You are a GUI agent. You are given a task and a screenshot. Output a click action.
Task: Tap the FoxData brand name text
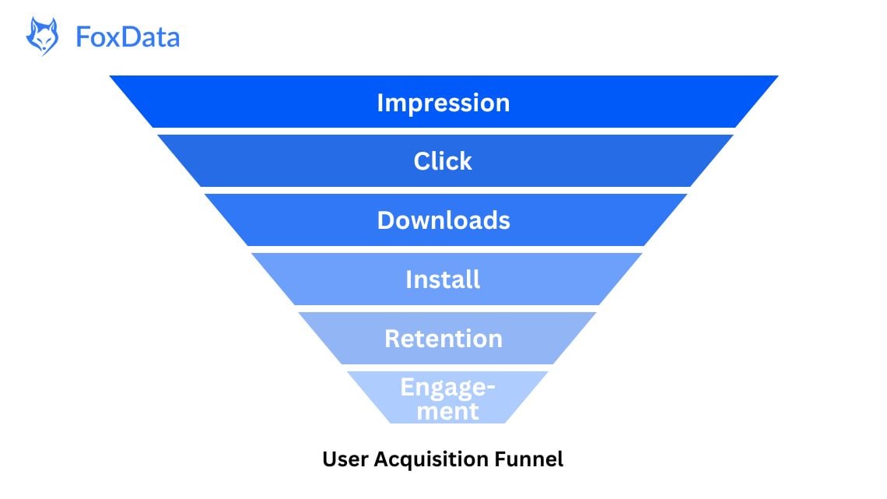click(x=128, y=37)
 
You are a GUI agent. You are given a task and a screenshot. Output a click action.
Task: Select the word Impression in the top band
click(x=443, y=103)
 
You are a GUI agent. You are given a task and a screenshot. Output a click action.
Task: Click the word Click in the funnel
click(x=443, y=161)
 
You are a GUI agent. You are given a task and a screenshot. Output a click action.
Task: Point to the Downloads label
click(x=443, y=220)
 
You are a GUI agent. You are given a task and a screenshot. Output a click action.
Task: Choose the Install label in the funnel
click(x=443, y=279)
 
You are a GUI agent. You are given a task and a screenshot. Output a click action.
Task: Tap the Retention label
click(x=443, y=339)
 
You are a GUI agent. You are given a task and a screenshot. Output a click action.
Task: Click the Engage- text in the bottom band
click(x=448, y=388)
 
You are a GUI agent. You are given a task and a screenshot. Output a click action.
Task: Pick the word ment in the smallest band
click(x=447, y=410)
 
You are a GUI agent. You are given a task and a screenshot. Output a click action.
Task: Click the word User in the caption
click(x=345, y=459)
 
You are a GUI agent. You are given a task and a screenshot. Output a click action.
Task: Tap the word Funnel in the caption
click(x=529, y=459)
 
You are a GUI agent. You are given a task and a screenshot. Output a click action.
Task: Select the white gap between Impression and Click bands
click(x=443, y=131)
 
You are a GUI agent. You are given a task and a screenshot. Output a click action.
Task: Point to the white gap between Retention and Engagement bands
click(x=443, y=367)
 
